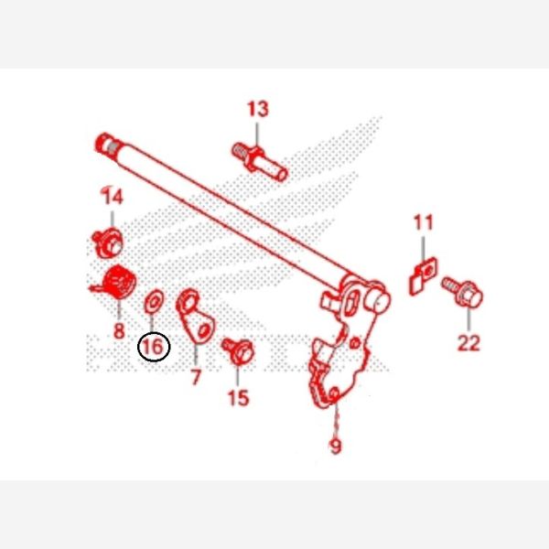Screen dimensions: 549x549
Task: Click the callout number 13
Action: (x=258, y=109)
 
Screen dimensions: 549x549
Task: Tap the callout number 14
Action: (x=113, y=196)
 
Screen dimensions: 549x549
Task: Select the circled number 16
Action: (x=154, y=347)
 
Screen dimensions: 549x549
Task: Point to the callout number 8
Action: (x=119, y=331)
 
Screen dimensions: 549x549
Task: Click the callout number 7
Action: (x=196, y=377)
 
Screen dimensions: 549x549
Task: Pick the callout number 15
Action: (x=239, y=398)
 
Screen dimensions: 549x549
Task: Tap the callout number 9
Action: (x=336, y=446)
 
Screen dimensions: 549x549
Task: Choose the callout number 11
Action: (x=424, y=222)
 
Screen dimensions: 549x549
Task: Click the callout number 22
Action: (x=468, y=343)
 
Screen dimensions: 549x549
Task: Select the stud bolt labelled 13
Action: (x=260, y=161)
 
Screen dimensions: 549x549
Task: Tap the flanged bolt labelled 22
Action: (x=462, y=293)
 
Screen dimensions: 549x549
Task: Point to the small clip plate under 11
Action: (x=423, y=276)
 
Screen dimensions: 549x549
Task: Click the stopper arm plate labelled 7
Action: (x=195, y=315)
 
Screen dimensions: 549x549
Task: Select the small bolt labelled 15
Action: (x=238, y=350)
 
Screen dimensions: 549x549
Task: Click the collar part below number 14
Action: (x=107, y=242)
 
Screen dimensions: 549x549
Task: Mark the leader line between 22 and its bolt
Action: (x=468, y=319)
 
